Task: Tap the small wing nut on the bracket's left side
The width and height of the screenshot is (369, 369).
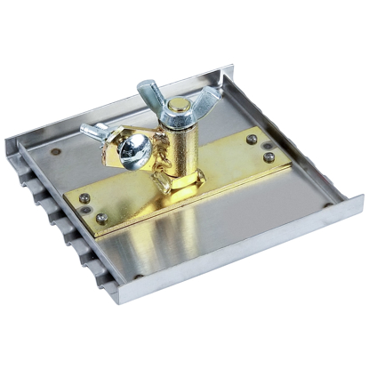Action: pyautogui.click(x=100, y=133)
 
